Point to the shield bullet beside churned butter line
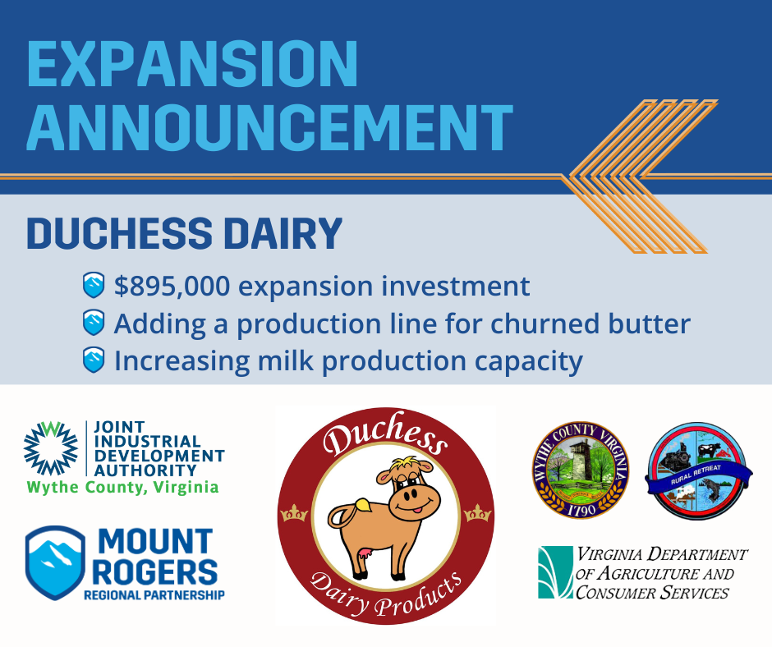click(94, 323)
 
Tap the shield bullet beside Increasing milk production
click(94, 360)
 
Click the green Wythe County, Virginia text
click(123, 487)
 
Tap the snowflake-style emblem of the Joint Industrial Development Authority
click(51, 448)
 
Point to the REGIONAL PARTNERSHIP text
click(154, 594)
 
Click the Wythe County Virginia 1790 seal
click(580, 470)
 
